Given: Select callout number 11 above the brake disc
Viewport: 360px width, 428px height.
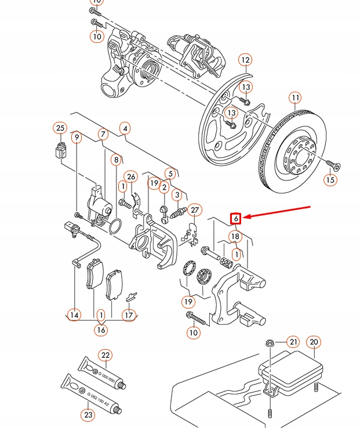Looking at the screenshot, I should tap(296, 97).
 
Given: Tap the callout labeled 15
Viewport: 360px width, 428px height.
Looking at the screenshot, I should tap(330, 180).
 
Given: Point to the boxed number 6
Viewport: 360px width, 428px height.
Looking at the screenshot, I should tap(237, 218).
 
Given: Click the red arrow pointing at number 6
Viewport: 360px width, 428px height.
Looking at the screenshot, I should tap(278, 212).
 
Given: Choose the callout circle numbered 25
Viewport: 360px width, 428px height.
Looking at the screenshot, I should tap(60, 128).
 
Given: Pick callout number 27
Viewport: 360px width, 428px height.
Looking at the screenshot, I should tap(194, 211).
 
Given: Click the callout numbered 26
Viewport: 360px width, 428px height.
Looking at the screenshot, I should tap(131, 177).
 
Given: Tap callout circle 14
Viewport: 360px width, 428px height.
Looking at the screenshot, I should tap(74, 315).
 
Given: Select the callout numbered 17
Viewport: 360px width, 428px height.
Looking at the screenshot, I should tap(128, 315).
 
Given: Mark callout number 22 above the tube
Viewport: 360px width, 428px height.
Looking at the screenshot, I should tap(105, 356).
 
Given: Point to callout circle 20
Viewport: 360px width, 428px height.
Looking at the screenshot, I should tap(313, 342).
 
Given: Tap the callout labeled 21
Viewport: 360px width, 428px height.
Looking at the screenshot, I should tap(293, 342).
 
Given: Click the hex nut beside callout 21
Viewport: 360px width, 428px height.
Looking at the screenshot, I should tap(270, 343).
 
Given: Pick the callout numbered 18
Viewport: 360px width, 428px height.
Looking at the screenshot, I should tap(235, 237).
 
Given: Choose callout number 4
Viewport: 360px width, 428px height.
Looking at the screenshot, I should tap(125, 128).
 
